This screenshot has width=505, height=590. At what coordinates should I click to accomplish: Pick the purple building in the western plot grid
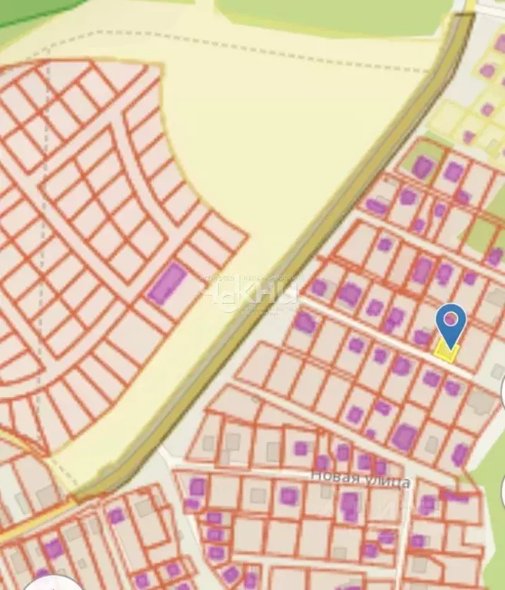coord(167,282)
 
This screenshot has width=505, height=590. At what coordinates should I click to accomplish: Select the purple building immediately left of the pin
coord(421,336)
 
